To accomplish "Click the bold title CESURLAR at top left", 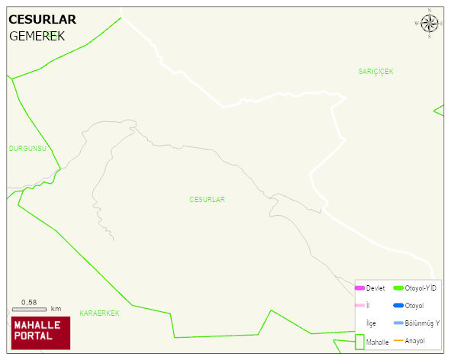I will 42,20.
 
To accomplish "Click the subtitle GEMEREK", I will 37,36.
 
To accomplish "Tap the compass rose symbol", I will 430,24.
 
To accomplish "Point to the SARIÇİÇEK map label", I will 375,71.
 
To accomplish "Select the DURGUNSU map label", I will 27,148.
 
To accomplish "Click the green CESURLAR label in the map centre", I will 207,199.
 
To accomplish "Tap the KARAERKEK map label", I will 99,313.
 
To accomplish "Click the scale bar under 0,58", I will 29,309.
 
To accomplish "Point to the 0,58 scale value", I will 29,302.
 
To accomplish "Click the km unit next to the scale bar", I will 56,309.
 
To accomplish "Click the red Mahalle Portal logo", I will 41,332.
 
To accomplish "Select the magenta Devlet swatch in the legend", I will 359,288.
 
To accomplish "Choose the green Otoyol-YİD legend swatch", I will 398,288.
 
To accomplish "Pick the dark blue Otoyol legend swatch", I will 398,305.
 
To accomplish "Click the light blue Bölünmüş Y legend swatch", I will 398,323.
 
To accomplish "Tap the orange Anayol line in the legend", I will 398,340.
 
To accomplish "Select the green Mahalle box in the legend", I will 359,342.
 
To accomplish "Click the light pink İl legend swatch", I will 359,305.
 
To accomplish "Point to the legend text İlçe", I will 372,323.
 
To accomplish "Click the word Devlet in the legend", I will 375,288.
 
